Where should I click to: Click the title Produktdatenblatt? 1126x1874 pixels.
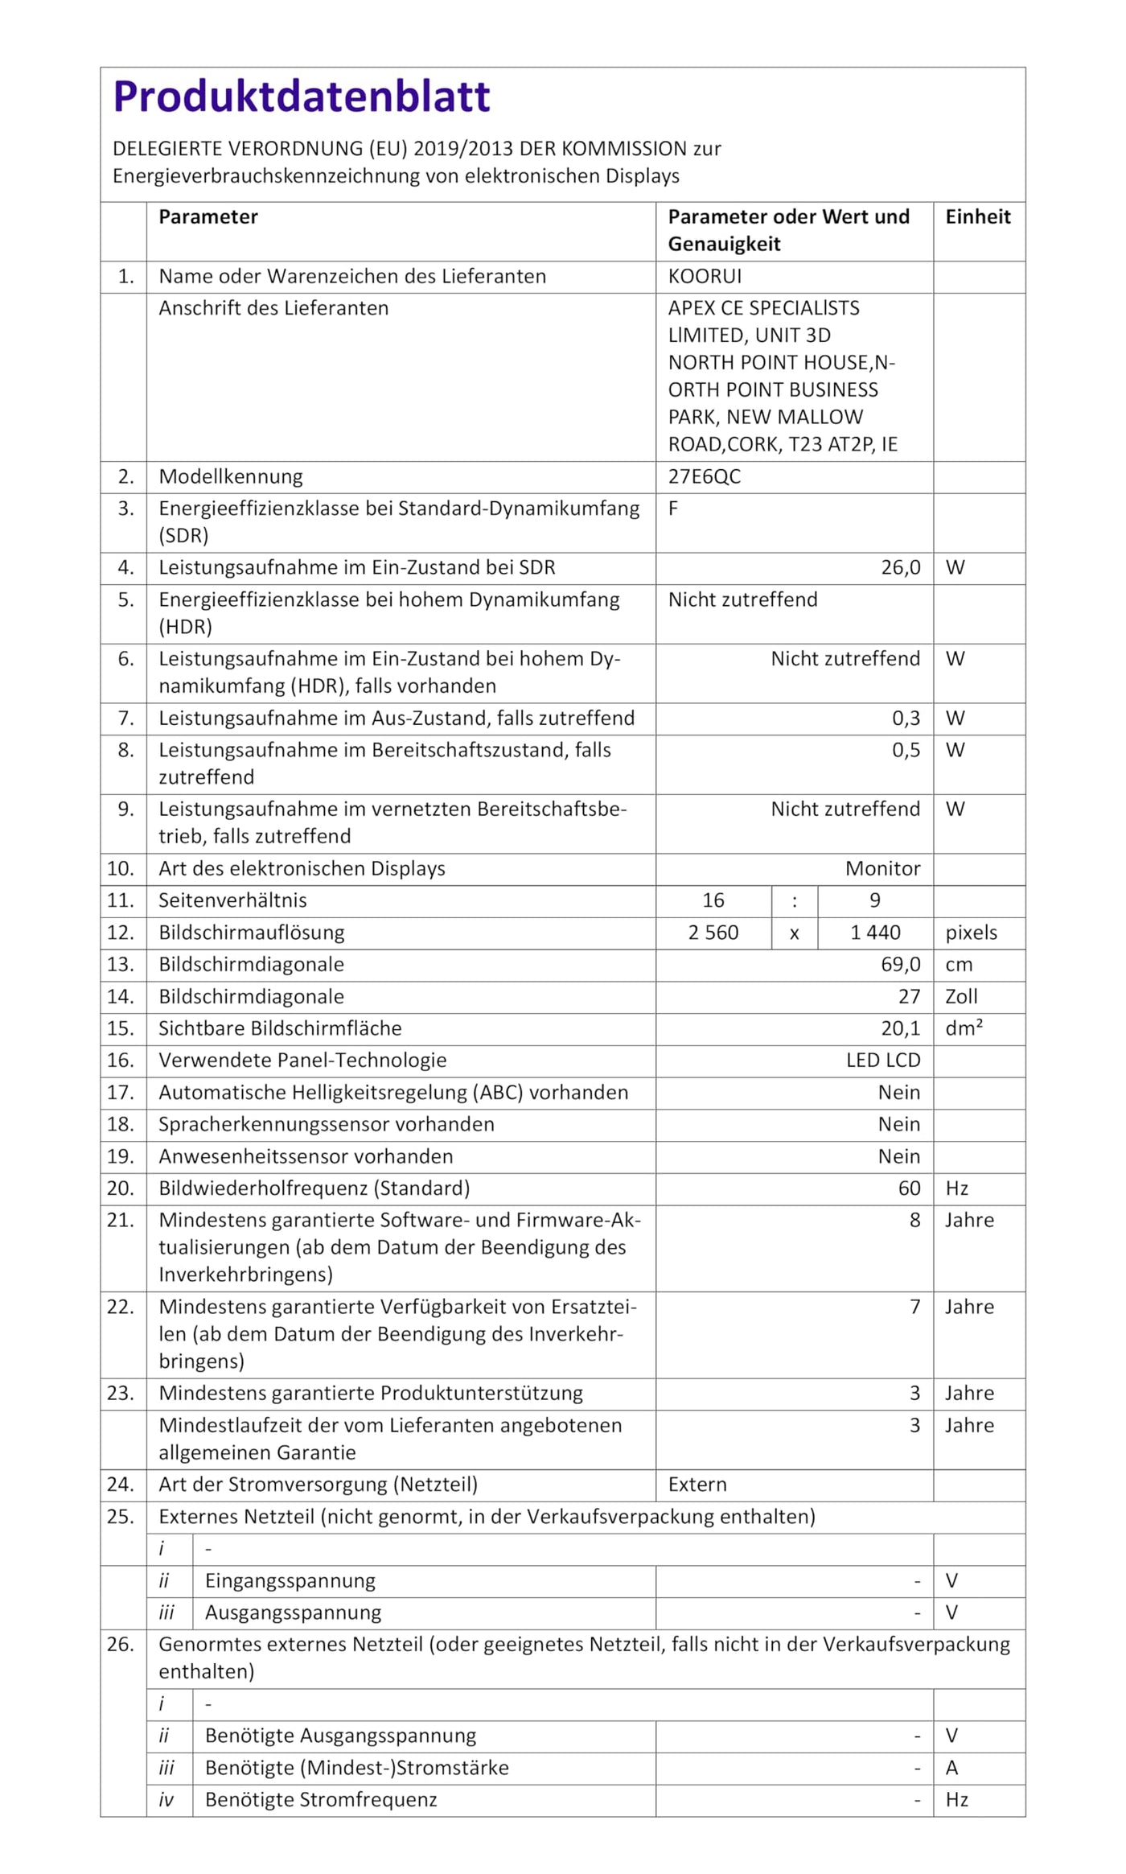pos(302,97)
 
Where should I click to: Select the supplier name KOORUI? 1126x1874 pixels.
pos(705,277)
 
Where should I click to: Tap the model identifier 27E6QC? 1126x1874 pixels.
pos(704,477)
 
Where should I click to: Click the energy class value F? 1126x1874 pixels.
pos(673,509)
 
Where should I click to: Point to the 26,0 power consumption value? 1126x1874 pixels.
pos(900,568)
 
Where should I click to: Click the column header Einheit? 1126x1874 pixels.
pos(977,217)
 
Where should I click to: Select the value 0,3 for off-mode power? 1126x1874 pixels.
pos(906,719)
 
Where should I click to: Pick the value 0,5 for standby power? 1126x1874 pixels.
pos(906,751)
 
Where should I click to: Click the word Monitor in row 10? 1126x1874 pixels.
pos(882,869)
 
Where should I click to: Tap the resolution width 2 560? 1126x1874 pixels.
pos(713,933)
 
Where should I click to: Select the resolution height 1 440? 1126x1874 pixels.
pos(875,933)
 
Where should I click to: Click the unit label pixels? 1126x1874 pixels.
pos(971,933)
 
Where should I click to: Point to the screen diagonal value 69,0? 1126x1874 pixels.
pos(900,965)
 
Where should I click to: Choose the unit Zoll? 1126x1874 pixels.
pos(961,997)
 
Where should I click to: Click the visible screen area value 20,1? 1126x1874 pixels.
pos(900,1029)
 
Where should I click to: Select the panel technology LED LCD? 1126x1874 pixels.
pos(882,1061)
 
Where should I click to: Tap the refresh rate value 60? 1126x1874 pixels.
pos(909,1189)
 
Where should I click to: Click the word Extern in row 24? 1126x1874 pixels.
pos(697,1485)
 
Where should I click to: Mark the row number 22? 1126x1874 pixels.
pos(121,1308)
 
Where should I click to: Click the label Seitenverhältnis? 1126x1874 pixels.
pos(232,901)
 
